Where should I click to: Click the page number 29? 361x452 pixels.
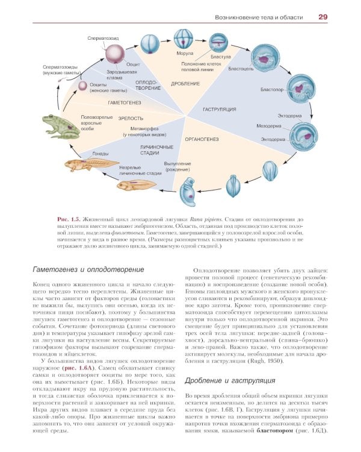[322, 17]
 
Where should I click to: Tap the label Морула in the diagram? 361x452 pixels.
[185, 54]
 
